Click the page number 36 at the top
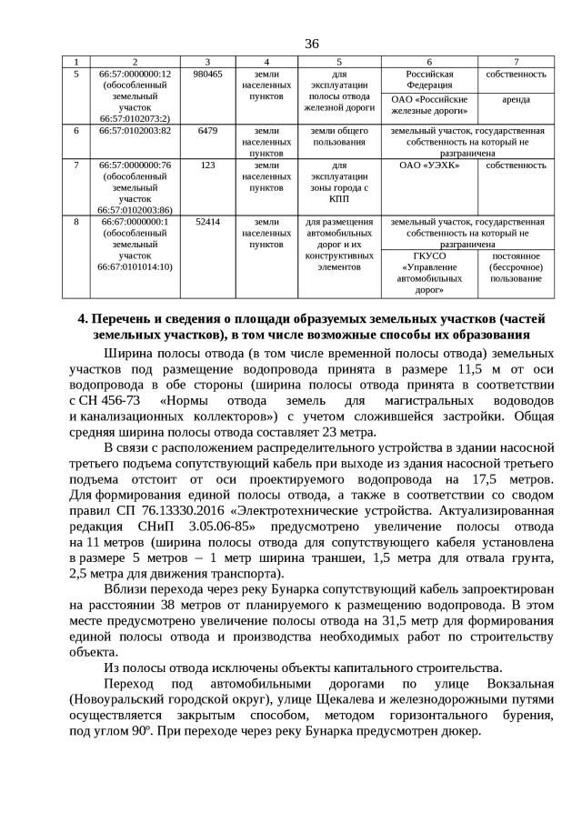[x=311, y=44]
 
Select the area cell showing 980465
[x=207, y=74]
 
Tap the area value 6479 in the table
[x=207, y=130]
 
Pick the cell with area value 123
[x=207, y=165]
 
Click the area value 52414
[x=207, y=221]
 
